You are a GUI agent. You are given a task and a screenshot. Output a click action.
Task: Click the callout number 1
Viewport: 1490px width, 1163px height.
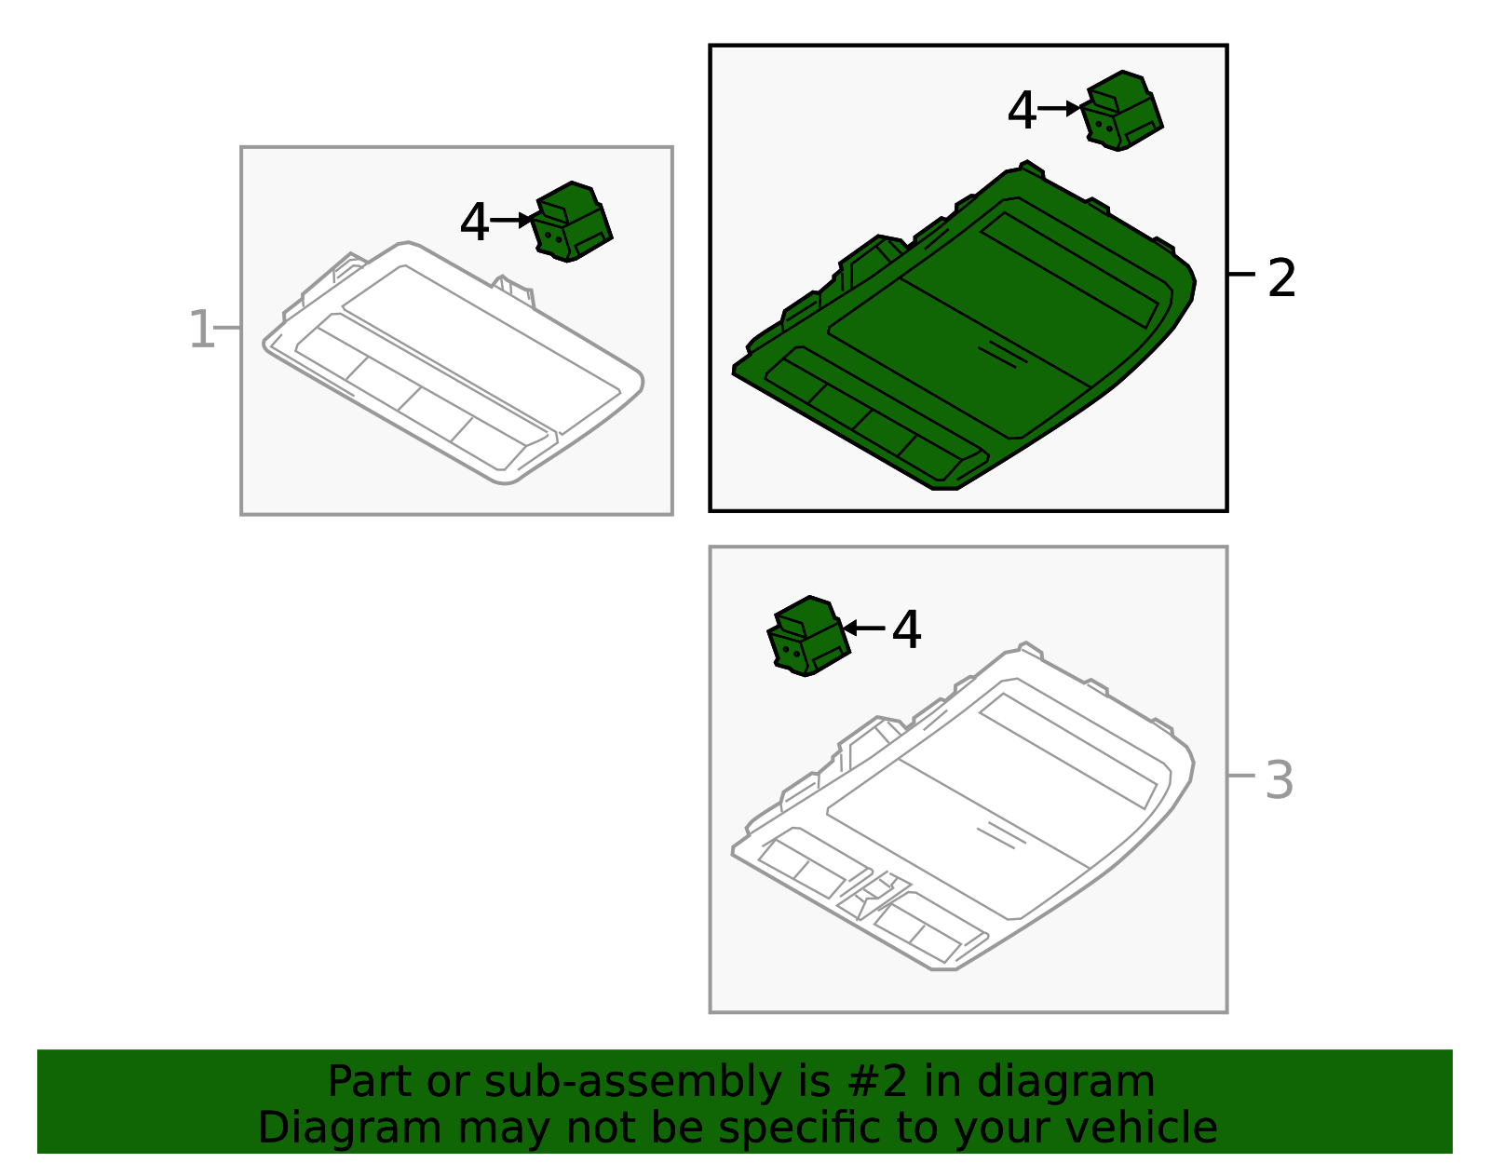(201, 330)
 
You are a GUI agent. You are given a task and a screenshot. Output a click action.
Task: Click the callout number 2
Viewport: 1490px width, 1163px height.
(1281, 277)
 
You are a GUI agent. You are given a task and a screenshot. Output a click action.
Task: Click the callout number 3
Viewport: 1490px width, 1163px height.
(1279, 780)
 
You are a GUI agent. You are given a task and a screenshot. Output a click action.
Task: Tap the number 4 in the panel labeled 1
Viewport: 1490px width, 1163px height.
(475, 222)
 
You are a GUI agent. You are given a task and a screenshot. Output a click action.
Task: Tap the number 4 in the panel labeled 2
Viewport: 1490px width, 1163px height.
(1022, 110)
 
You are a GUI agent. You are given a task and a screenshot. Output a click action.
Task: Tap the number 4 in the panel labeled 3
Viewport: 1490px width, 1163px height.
(906, 629)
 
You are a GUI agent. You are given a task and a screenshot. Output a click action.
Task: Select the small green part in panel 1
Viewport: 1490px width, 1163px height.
(572, 222)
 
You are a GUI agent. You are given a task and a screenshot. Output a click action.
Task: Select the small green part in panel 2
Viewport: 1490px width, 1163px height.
(1122, 110)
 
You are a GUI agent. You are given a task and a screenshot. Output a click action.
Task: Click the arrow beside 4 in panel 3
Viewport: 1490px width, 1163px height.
(864, 628)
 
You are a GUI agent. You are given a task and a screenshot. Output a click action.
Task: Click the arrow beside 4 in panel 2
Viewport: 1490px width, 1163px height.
(1060, 108)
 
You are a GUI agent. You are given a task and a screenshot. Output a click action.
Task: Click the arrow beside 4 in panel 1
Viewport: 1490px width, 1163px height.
(511, 220)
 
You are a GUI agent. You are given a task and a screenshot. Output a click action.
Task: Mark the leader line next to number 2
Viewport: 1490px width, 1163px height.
(1241, 274)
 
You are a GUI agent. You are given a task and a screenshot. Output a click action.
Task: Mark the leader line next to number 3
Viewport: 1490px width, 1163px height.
(1241, 776)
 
